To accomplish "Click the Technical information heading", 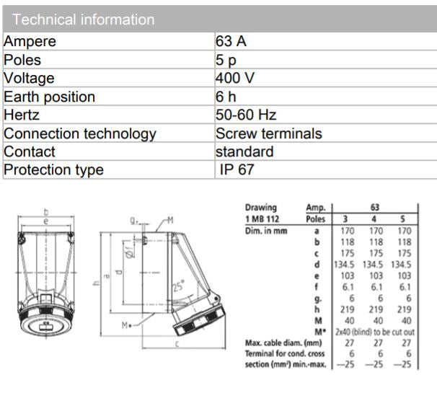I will pos(84,19).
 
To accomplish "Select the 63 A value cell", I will pos(231,41).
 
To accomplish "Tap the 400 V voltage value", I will pos(236,78).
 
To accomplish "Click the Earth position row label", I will pos(49,97).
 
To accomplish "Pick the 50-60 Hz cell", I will pos(246,115).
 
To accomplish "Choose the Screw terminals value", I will pos(268,133).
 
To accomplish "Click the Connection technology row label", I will pos(80,133).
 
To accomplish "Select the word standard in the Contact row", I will pos(244,152).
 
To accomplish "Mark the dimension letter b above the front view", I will pos(45,212).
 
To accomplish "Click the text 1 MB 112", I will pos(263,218).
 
